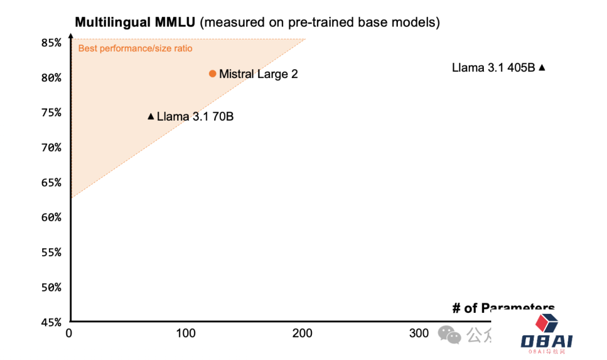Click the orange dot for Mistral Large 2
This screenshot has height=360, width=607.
212,74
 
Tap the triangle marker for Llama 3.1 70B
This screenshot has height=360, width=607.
151,116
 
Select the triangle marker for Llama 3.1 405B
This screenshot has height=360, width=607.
542,67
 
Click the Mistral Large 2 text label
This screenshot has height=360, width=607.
258,74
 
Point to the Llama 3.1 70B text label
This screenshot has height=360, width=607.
195,117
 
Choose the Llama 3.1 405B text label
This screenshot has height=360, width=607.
493,67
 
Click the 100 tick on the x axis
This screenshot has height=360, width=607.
185,333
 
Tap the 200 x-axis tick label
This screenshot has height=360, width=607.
302,333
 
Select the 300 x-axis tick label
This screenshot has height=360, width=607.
419,333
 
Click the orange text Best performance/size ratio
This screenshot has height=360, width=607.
135,48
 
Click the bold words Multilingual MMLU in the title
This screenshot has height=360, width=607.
135,22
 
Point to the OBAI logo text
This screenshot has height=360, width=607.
546,340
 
